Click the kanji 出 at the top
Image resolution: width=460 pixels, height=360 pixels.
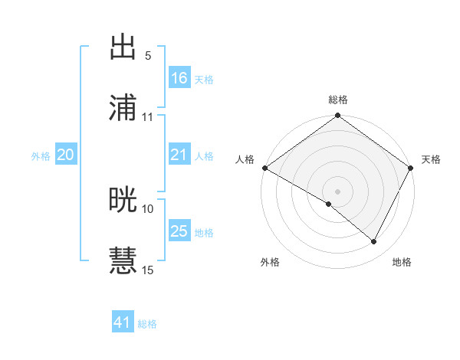point(123,47)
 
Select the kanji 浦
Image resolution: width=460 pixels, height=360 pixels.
point(123,107)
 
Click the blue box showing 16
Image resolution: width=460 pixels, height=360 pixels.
point(179,77)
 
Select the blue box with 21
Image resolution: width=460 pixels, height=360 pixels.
point(179,155)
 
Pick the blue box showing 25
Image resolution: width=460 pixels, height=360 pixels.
point(179,231)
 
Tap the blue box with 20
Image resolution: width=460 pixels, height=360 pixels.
point(65,155)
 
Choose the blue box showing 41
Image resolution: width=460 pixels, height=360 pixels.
point(123,323)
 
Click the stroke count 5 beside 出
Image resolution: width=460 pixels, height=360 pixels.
point(148,56)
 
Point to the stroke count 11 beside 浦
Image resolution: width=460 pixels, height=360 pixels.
point(148,117)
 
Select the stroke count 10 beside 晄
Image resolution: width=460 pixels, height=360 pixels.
point(148,208)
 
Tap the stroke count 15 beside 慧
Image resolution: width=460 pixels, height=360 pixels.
point(148,270)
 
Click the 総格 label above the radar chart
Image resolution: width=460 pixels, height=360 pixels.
point(338,100)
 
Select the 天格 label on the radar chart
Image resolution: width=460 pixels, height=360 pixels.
point(431,159)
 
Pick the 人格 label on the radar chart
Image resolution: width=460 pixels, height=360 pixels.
point(245,159)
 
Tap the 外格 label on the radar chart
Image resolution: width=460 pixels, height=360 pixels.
point(270,262)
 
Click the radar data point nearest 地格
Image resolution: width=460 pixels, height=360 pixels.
point(374,242)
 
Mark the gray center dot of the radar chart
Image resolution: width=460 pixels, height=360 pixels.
point(338,191)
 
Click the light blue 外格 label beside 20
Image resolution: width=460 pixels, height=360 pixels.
point(41,155)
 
